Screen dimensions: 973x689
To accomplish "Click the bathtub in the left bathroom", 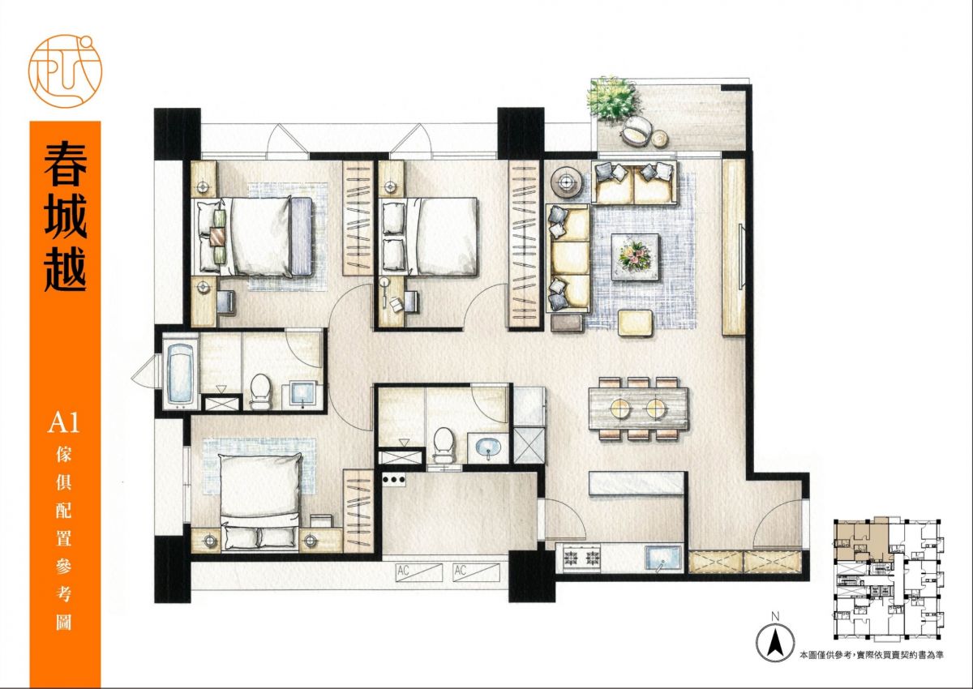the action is (181, 375).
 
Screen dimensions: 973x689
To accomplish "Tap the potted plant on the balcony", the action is (613, 99).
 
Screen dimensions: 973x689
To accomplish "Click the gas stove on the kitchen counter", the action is (581, 557).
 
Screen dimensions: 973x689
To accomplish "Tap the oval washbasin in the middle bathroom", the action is (488, 446).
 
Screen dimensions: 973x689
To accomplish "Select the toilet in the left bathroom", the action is (260, 392).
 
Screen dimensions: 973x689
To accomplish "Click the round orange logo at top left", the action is (65, 71).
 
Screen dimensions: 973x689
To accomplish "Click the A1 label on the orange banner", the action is (64, 424).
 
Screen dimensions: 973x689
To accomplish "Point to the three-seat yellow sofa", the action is (568, 258).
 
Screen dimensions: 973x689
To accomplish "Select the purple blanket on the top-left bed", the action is (302, 236).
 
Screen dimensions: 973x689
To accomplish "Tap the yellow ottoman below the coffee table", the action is (635, 323).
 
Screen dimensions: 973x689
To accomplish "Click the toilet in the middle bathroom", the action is (443, 445).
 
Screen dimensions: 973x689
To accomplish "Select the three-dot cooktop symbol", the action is (394, 480).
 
